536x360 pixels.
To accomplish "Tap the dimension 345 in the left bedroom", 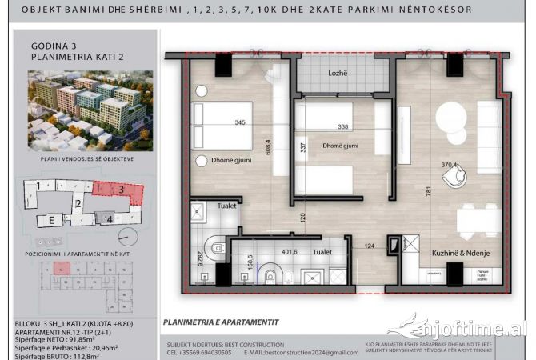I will (239, 123).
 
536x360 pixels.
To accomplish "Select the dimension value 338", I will (342, 126).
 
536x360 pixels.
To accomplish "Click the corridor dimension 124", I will (370, 246).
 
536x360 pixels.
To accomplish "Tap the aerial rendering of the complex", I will (80, 108).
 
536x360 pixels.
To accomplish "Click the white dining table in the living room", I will (478, 218).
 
